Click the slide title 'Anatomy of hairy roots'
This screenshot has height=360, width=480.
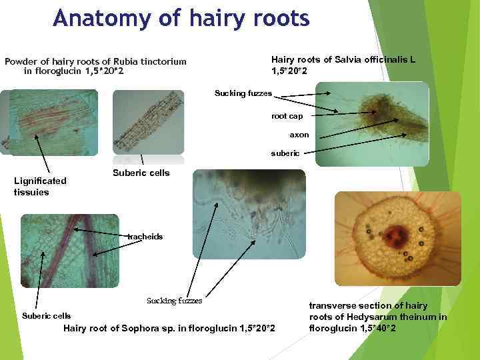coord(181,18)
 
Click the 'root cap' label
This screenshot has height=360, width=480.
coord(287,116)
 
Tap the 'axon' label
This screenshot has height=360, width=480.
coord(299,135)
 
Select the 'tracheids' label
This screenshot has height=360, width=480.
coord(145,237)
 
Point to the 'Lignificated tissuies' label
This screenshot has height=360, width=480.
coord(40,186)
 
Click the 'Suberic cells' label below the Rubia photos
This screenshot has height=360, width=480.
coord(141,173)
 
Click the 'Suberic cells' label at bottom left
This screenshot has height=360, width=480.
coord(46,316)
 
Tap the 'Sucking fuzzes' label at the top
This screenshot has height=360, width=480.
coord(243,93)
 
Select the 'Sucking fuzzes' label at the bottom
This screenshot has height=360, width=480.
coord(174,301)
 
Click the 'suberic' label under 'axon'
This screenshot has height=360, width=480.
coord(285,153)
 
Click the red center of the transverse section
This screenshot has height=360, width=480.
coord(399,235)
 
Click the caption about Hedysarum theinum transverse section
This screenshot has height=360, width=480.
coord(377,317)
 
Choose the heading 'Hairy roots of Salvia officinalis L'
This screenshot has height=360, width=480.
coord(343,65)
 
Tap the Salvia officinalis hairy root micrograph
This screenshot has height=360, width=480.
coord(372,123)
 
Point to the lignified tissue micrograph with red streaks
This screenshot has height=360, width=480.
coord(49,121)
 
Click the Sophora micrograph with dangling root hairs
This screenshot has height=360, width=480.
coord(249,213)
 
